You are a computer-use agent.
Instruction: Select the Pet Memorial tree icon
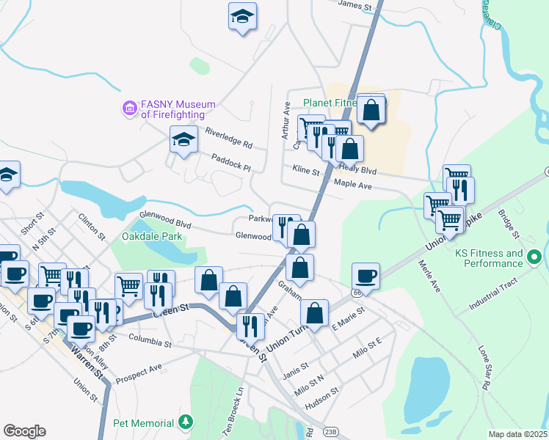pyautogui.click(x=187, y=422)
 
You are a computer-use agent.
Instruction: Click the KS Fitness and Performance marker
pyautogui.click(x=534, y=258)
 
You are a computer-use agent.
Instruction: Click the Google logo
pyautogui.click(x=24, y=430)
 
